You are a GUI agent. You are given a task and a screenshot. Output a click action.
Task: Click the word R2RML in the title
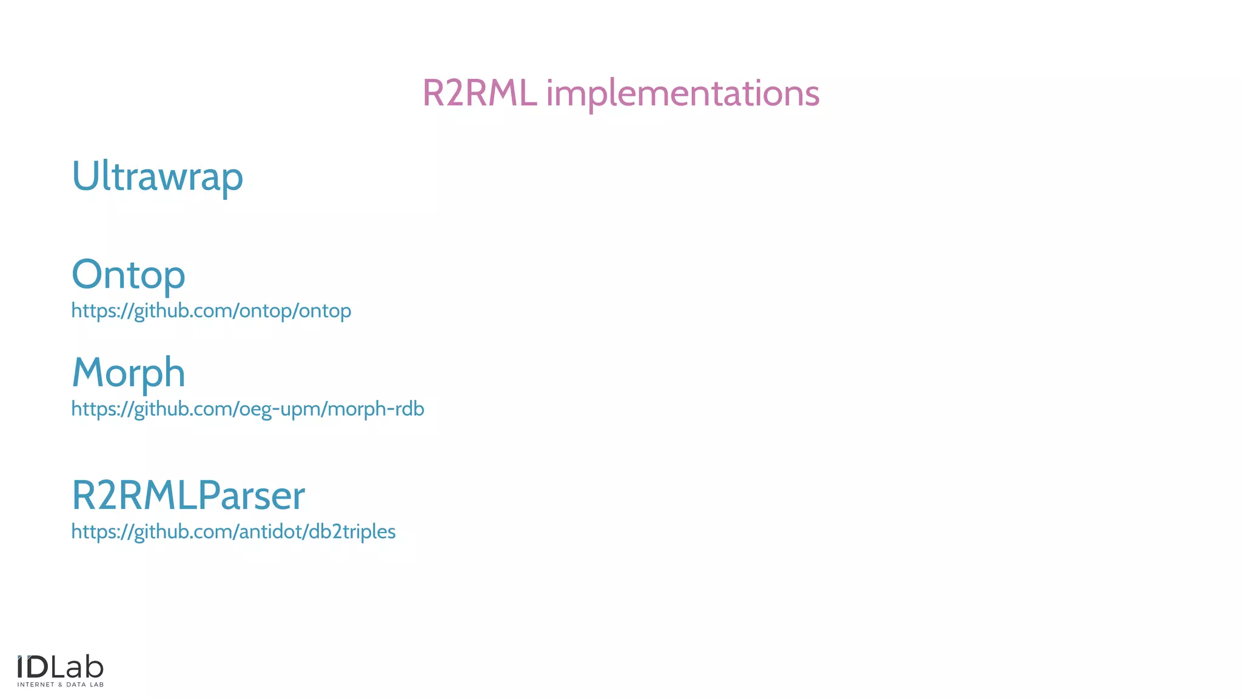coord(479,93)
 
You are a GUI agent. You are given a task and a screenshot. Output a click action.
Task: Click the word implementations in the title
coord(683,95)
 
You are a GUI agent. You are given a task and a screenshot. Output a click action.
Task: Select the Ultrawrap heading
coord(157,176)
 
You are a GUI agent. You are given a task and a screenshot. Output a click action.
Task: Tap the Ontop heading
coord(128,274)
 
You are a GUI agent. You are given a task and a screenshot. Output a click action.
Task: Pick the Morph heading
coord(128,373)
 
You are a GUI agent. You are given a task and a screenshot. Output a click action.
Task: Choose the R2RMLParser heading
coord(188,496)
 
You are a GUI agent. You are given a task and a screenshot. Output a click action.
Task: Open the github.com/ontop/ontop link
coord(211,311)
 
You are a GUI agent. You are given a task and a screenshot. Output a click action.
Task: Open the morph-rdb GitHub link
coord(247,409)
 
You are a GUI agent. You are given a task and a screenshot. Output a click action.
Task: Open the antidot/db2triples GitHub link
coord(233,531)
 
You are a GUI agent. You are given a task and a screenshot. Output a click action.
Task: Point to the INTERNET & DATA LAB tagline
coord(60,685)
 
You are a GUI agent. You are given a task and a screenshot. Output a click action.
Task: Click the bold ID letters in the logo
coord(33,667)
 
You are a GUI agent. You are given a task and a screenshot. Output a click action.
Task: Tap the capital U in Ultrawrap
coord(85,176)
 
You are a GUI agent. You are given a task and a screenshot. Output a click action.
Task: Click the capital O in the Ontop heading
coord(89,274)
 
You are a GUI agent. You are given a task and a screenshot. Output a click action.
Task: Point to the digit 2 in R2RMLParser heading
coord(105,496)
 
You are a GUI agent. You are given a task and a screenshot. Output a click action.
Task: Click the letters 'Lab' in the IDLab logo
coord(77,667)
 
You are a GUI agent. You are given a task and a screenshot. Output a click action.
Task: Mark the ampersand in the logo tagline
coord(60,685)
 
